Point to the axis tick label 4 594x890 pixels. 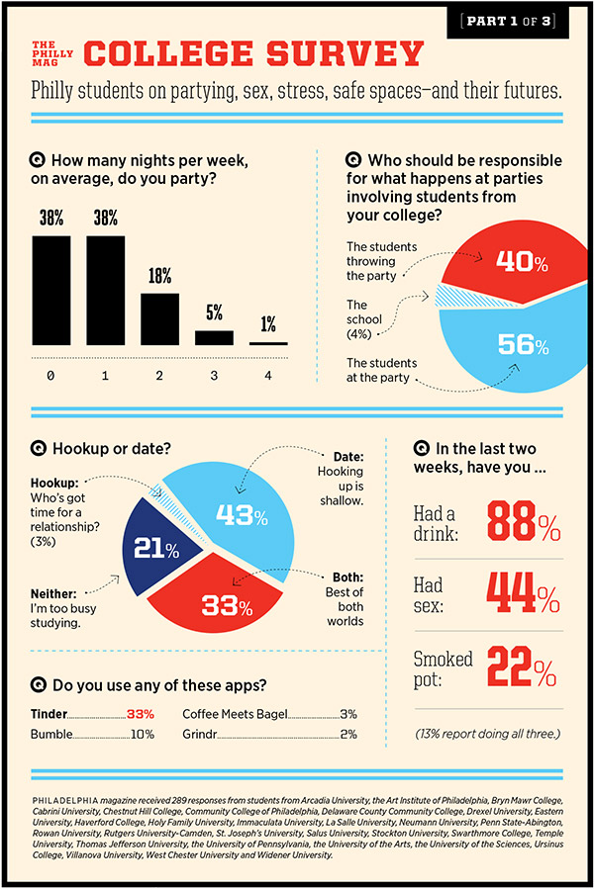pos(267,376)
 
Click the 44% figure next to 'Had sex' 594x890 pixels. pos(523,593)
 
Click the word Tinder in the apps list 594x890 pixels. pos(50,713)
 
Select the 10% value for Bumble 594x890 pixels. pos(143,735)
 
